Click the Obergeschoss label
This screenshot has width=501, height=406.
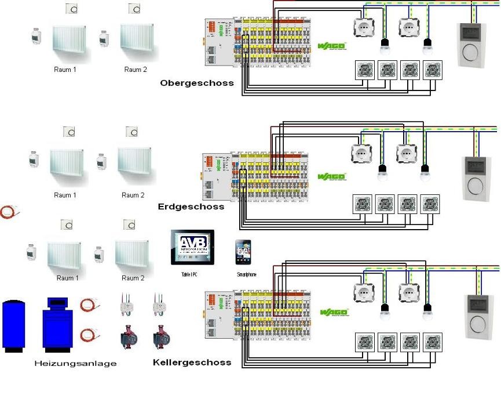(197, 83)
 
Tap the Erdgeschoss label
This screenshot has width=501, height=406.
(191, 206)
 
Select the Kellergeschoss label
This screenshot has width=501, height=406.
(192, 362)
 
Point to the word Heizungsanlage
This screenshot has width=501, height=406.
(75, 364)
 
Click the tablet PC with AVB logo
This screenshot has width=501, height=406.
(192, 247)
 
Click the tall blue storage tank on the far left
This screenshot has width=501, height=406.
(13, 325)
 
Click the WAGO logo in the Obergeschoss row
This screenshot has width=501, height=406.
(332, 46)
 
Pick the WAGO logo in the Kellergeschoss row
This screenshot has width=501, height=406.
(334, 313)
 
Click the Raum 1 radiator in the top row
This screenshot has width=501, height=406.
(69, 42)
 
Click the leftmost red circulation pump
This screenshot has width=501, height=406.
(127, 339)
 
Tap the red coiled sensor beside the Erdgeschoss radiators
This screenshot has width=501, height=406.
(9, 213)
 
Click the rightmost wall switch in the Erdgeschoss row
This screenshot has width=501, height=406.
(430, 204)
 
